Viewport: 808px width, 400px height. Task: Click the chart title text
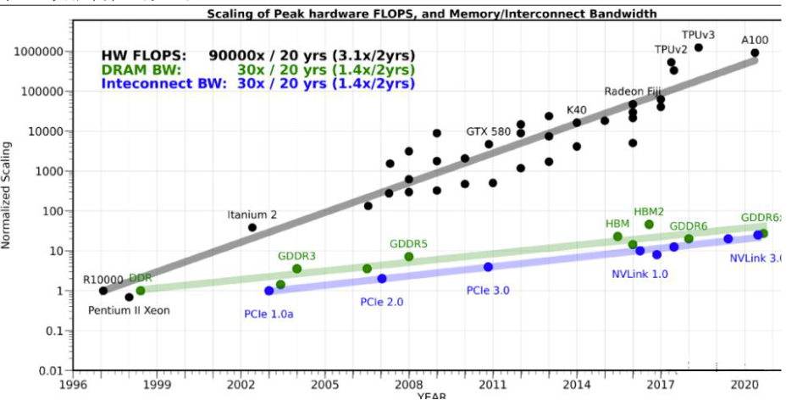[432, 14]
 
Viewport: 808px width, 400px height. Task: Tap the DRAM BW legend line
[257, 69]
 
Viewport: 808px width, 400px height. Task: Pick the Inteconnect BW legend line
[257, 83]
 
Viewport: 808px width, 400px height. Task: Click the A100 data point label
[755, 40]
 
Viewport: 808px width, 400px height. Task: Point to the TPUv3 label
[698, 35]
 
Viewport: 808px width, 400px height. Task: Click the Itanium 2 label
[252, 214]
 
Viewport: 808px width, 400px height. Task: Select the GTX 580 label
[489, 131]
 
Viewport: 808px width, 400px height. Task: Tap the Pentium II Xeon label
[129, 310]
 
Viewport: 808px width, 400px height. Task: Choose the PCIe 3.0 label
[488, 291]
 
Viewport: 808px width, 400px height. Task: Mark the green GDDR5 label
[408, 244]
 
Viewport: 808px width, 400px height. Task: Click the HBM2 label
[649, 211]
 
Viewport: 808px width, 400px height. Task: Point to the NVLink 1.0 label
[639, 274]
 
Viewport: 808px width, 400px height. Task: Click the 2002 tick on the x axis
[241, 384]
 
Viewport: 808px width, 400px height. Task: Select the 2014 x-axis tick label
[577, 384]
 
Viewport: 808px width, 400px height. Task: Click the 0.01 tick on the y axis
[53, 370]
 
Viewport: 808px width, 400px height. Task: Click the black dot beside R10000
[103, 291]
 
